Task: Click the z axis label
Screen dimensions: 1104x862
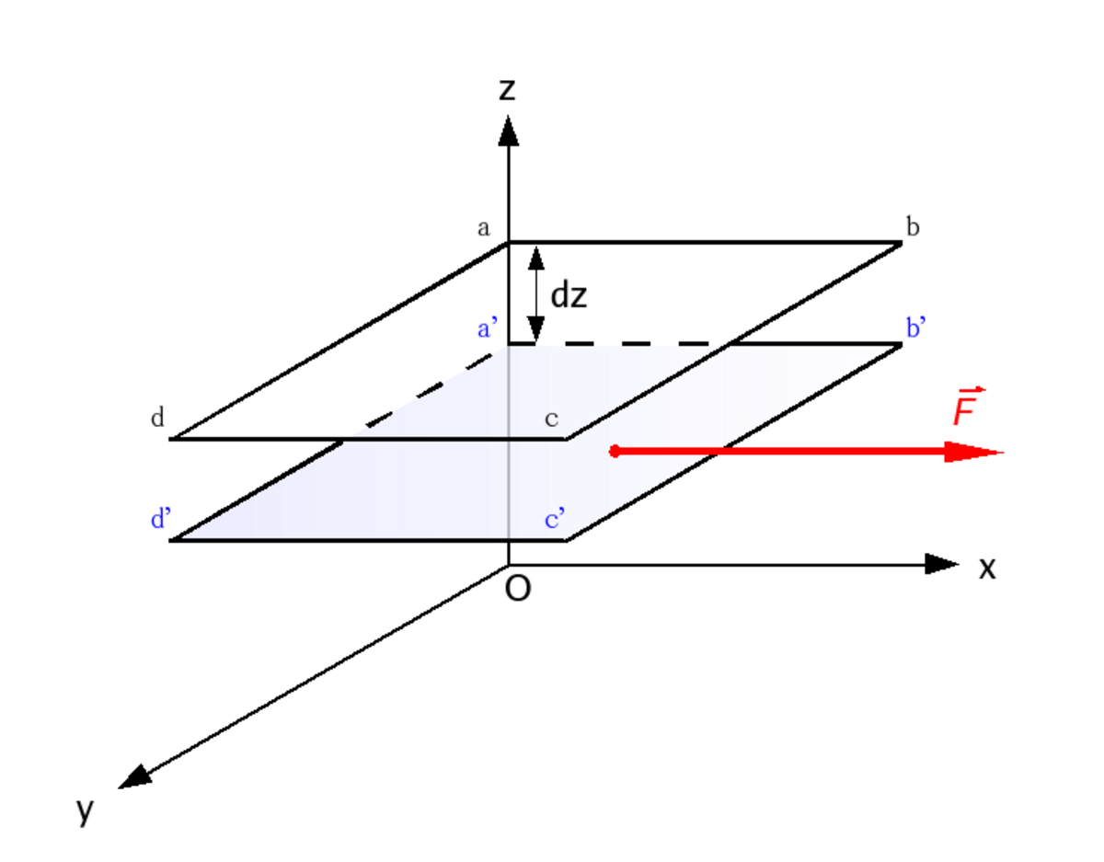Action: (507, 89)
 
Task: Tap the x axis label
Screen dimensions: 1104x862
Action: (987, 568)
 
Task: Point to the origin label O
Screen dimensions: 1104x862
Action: (518, 589)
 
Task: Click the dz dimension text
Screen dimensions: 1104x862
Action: (569, 295)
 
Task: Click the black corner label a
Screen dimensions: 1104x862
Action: (484, 228)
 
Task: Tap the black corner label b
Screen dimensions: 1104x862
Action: (913, 226)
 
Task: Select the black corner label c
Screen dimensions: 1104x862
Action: (551, 419)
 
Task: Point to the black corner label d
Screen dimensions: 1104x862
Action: (157, 418)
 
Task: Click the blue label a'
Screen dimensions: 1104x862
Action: (488, 328)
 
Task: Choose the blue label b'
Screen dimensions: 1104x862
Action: (916, 327)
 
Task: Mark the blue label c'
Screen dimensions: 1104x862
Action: (554, 519)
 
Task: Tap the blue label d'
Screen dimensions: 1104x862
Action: (161, 518)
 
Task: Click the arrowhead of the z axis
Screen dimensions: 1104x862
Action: (509, 130)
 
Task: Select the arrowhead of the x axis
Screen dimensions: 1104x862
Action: (941, 564)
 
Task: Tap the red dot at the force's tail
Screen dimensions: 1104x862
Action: (615, 451)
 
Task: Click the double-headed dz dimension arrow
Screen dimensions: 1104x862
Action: (536, 293)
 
